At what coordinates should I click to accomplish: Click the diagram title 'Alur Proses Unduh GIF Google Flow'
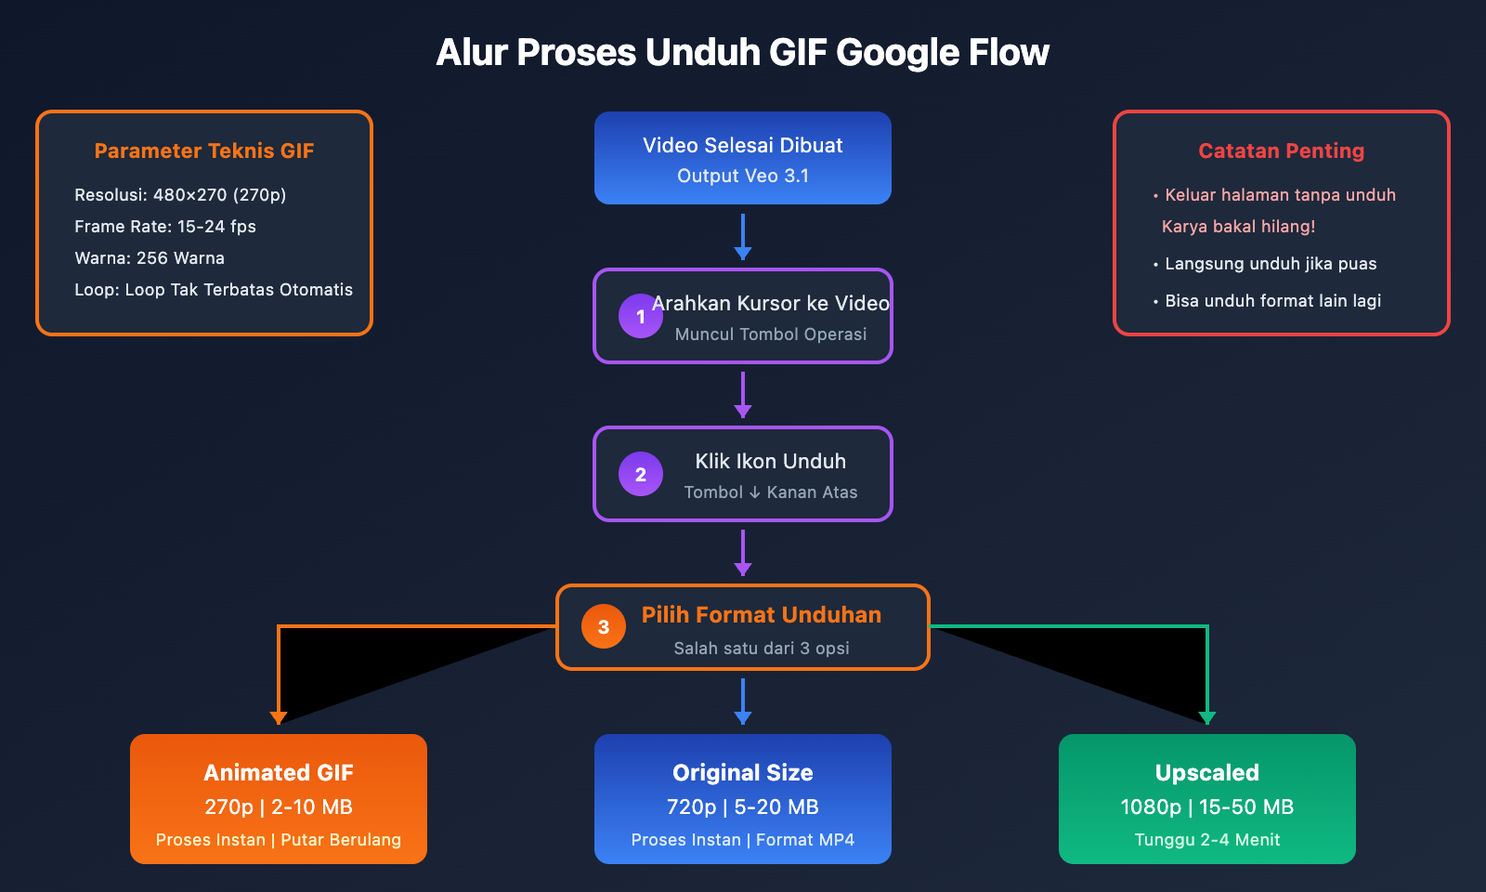point(742,53)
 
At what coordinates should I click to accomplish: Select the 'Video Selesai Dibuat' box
point(742,158)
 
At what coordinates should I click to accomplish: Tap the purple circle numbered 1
point(640,316)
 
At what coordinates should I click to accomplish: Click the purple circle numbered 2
point(640,474)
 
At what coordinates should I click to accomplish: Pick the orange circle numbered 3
point(603,627)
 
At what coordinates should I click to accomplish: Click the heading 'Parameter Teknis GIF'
point(204,151)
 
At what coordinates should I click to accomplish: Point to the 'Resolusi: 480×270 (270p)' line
point(180,195)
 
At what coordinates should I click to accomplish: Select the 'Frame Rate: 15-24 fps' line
point(165,227)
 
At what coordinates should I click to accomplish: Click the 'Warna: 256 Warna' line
point(150,258)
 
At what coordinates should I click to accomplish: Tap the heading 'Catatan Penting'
point(1281,151)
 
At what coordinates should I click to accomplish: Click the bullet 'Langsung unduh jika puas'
point(1270,264)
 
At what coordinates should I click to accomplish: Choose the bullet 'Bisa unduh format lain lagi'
point(1272,301)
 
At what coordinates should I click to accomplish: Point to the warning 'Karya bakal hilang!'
point(1238,227)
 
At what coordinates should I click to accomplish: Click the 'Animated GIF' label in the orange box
point(279,773)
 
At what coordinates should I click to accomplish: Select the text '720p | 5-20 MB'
point(742,807)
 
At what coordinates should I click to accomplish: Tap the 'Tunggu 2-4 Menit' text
point(1206,840)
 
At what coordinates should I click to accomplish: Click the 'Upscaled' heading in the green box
point(1206,773)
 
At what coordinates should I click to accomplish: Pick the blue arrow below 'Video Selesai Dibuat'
point(742,237)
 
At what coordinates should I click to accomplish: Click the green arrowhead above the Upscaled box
point(1206,717)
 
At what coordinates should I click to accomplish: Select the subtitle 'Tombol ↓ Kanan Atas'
point(770,492)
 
